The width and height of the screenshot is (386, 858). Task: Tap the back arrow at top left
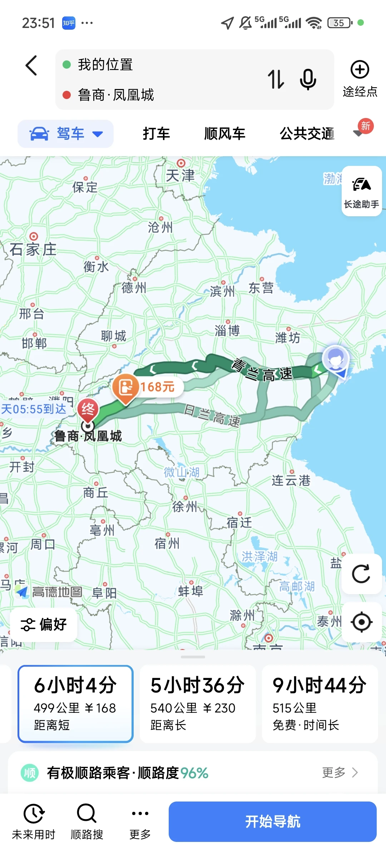(x=31, y=65)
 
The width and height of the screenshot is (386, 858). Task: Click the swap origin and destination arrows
(x=276, y=79)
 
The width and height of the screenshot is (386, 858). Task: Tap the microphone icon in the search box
(x=308, y=79)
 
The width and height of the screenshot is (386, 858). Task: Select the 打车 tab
(x=156, y=133)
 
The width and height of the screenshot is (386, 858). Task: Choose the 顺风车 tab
(x=224, y=133)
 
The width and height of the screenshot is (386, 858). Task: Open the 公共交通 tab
(x=307, y=133)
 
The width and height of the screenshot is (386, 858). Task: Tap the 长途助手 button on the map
(x=361, y=191)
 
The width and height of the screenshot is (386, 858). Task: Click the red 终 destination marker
(x=88, y=409)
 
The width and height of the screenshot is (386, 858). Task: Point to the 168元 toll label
(x=157, y=386)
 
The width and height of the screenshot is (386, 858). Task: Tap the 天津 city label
(x=180, y=175)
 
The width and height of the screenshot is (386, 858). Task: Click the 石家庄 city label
(x=33, y=249)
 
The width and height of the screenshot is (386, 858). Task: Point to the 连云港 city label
(x=291, y=480)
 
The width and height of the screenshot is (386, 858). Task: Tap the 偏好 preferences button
(x=44, y=625)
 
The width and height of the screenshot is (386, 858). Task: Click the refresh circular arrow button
(x=361, y=574)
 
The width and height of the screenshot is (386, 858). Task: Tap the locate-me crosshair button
(x=361, y=622)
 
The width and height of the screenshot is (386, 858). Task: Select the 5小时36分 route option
(x=198, y=704)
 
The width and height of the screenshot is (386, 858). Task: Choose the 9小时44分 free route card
(x=320, y=704)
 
